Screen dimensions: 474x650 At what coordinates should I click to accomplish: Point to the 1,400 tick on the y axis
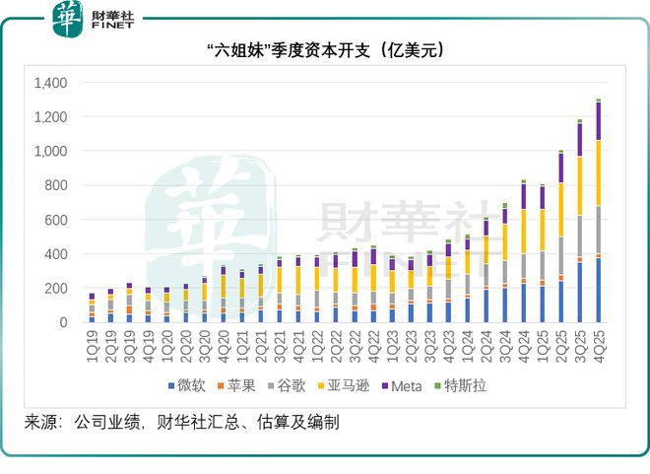(x=49, y=83)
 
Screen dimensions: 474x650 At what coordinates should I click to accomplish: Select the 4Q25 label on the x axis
(x=598, y=341)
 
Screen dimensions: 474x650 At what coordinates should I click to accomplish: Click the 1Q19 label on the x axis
(x=92, y=341)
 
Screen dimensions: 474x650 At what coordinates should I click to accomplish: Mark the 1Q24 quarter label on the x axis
(x=467, y=341)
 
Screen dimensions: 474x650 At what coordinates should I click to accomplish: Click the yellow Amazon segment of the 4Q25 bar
(x=598, y=172)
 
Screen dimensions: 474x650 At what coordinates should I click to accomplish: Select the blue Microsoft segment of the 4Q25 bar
(x=598, y=291)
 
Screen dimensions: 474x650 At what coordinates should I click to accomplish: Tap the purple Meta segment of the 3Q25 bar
(x=579, y=139)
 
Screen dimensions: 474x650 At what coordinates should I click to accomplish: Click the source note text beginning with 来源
(x=182, y=423)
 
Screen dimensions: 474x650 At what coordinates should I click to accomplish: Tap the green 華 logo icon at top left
(x=69, y=19)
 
